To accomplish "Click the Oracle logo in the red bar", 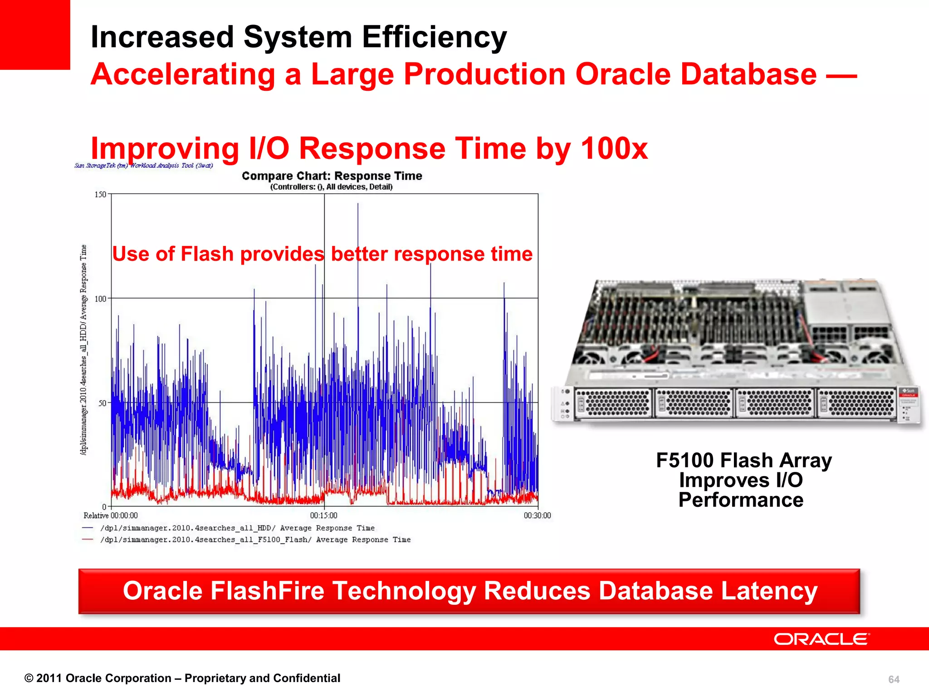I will (x=821, y=639).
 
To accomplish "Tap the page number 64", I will (x=894, y=679).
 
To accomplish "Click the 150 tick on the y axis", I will (x=100, y=195).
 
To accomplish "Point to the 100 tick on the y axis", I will (x=100, y=299).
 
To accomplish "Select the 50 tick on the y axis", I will (x=102, y=403).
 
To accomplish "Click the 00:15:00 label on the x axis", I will (x=323, y=515).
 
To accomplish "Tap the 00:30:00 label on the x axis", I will (x=537, y=515).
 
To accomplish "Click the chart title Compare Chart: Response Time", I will (x=332, y=176).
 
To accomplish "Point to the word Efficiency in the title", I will (x=434, y=37).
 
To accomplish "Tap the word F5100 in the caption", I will (x=684, y=461).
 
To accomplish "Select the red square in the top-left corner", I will (x=35, y=34).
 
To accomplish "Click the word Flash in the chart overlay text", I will (x=207, y=254).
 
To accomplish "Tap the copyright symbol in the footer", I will (x=29, y=678).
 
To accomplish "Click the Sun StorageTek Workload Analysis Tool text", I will (x=143, y=166).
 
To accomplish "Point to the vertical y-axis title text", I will (x=83, y=349).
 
